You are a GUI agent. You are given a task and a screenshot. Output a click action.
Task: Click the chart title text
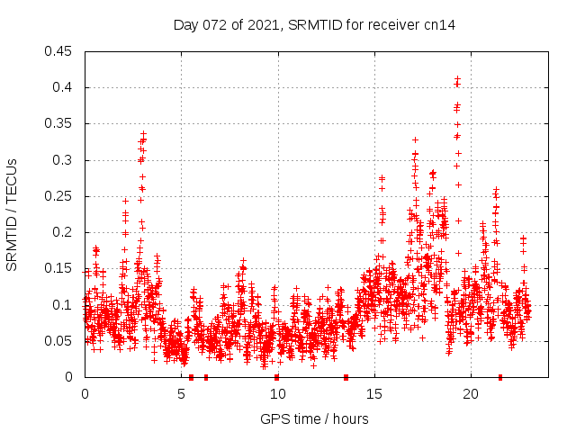(x=314, y=25)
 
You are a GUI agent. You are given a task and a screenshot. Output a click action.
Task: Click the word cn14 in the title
(x=440, y=25)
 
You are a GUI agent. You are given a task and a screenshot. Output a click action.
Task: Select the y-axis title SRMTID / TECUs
(x=12, y=214)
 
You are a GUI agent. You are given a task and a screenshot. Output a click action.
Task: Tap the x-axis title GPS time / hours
(x=314, y=418)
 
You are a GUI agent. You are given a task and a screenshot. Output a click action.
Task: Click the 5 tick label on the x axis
(x=181, y=393)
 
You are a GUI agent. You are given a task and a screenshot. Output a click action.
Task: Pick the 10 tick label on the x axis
(x=277, y=393)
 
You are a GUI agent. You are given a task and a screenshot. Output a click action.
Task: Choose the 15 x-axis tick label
(x=373, y=393)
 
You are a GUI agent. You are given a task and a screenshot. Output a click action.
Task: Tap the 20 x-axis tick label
(x=470, y=393)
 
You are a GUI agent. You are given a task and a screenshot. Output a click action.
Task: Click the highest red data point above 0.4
(x=458, y=78)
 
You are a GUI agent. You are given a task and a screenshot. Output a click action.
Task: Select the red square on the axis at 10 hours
(x=276, y=377)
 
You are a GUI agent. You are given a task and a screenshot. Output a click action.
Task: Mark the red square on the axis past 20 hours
(x=500, y=377)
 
